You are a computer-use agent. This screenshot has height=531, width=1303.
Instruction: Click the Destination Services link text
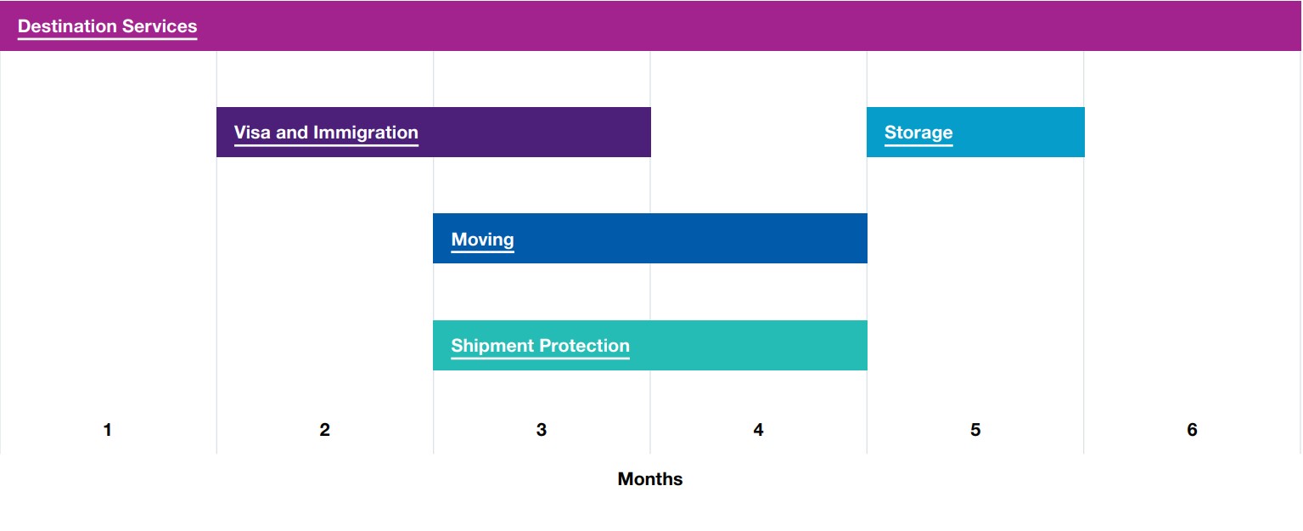tap(108, 26)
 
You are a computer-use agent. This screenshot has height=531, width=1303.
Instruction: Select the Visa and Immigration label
tap(326, 133)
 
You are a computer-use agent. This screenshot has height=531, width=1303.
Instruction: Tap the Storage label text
tap(918, 133)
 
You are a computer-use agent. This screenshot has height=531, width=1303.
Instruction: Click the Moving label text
tap(483, 240)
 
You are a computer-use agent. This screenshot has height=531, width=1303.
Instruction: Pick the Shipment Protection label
tap(541, 346)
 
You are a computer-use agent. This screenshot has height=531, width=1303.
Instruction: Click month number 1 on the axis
tap(108, 430)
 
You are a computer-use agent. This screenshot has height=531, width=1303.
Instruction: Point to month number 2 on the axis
tap(324, 430)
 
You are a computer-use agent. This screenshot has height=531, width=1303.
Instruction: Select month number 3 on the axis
tap(542, 430)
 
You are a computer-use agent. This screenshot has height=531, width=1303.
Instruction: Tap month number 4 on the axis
tap(759, 430)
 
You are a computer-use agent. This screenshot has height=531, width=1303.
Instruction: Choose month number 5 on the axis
tap(975, 430)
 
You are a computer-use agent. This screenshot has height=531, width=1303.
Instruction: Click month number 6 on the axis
tap(1192, 430)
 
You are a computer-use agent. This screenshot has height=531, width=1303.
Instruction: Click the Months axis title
tap(650, 478)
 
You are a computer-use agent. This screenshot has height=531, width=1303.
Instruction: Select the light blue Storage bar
tap(975, 133)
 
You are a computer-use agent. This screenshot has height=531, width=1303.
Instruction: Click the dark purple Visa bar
tap(434, 133)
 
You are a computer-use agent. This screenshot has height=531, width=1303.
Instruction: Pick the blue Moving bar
tap(649, 238)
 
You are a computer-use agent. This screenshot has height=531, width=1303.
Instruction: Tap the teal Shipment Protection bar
tap(649, 345)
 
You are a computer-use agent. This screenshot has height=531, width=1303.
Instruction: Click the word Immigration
tap(366, 133)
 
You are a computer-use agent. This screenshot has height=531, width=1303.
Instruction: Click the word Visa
tap(252, 133)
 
